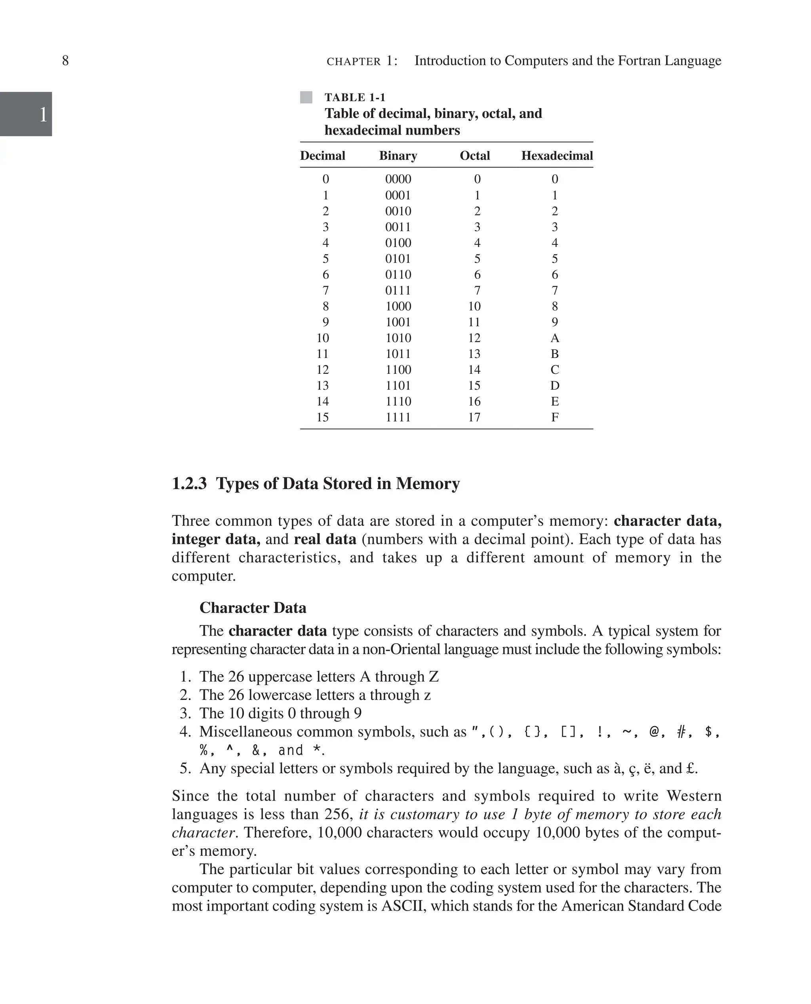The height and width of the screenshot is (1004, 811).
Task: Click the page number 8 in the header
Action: pos(65,61)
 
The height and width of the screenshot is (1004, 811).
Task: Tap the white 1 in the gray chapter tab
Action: pos(43,114)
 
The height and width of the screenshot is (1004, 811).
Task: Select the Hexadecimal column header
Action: pos(557,156)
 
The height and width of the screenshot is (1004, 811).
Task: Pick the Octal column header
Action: pos(475,156)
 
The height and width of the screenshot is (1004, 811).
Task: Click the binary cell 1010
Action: pos(398,338)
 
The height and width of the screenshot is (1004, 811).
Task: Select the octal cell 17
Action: pos(474,417)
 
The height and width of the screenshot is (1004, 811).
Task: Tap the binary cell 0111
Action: pos(398,291)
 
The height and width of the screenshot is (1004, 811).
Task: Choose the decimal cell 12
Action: pos(322,370)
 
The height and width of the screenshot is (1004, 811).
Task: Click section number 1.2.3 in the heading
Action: pos(189,484)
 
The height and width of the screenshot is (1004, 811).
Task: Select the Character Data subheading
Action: pos(253,608)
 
